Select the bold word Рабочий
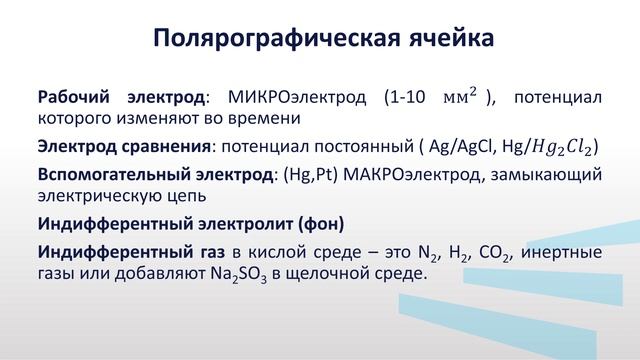coord(73,98)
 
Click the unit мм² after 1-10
coord(461,97)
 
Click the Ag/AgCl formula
coord(461,148)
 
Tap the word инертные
coord(564,250)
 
